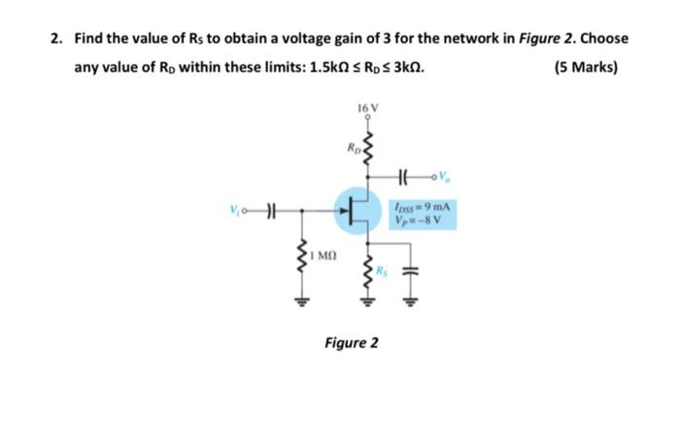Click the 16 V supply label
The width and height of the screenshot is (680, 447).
(x=366, y=106)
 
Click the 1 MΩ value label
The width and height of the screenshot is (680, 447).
(x=324, y=257)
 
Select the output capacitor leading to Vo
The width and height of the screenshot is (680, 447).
(x=406, y=177)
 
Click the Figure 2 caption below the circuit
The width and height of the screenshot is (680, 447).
(x=351, y=343)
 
